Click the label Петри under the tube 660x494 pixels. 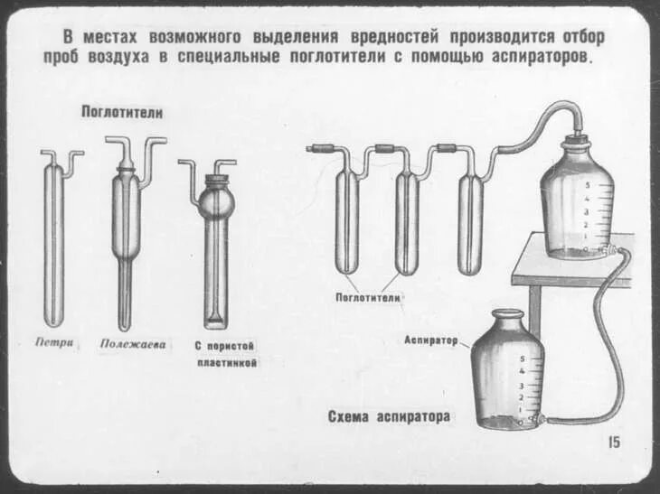click(55, 343)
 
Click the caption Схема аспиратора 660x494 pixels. click(389, 417)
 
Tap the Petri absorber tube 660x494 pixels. click(54, 244)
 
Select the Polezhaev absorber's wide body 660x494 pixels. click(125, 217)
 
